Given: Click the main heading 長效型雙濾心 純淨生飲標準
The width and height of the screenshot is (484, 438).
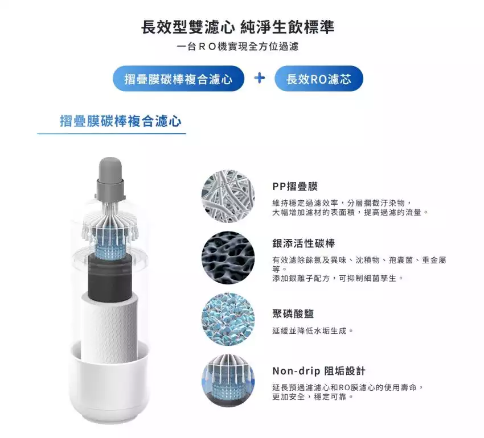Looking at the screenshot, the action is point(237,27).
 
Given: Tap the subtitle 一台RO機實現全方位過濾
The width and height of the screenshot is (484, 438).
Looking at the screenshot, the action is point(237,46).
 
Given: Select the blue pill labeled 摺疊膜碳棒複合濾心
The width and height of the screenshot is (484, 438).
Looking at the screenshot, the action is point(178,78).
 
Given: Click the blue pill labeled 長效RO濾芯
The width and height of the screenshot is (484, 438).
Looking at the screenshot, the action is point(318,78).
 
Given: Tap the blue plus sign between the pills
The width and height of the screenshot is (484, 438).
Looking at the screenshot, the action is point(259,78).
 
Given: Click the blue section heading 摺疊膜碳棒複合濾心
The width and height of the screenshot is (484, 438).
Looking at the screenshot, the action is point(120,121).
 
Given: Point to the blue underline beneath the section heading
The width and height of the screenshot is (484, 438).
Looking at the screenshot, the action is point(112,134).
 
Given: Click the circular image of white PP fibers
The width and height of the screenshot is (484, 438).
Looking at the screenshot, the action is point(228,196).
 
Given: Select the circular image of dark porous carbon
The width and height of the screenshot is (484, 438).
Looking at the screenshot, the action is point(228,258).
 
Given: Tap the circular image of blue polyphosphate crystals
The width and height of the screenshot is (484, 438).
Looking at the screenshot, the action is point(228,319).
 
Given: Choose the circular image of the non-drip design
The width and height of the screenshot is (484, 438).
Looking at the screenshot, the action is point(228,381).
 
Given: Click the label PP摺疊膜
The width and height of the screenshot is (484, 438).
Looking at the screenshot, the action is point(295,187).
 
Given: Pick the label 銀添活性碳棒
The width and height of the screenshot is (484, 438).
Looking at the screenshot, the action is point(303,243).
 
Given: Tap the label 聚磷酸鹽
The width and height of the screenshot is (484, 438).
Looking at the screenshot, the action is point(293,313).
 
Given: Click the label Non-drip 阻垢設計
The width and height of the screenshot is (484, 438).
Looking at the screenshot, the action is point(319,371).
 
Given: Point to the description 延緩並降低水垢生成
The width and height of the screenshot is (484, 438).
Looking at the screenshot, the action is point(313,331).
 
